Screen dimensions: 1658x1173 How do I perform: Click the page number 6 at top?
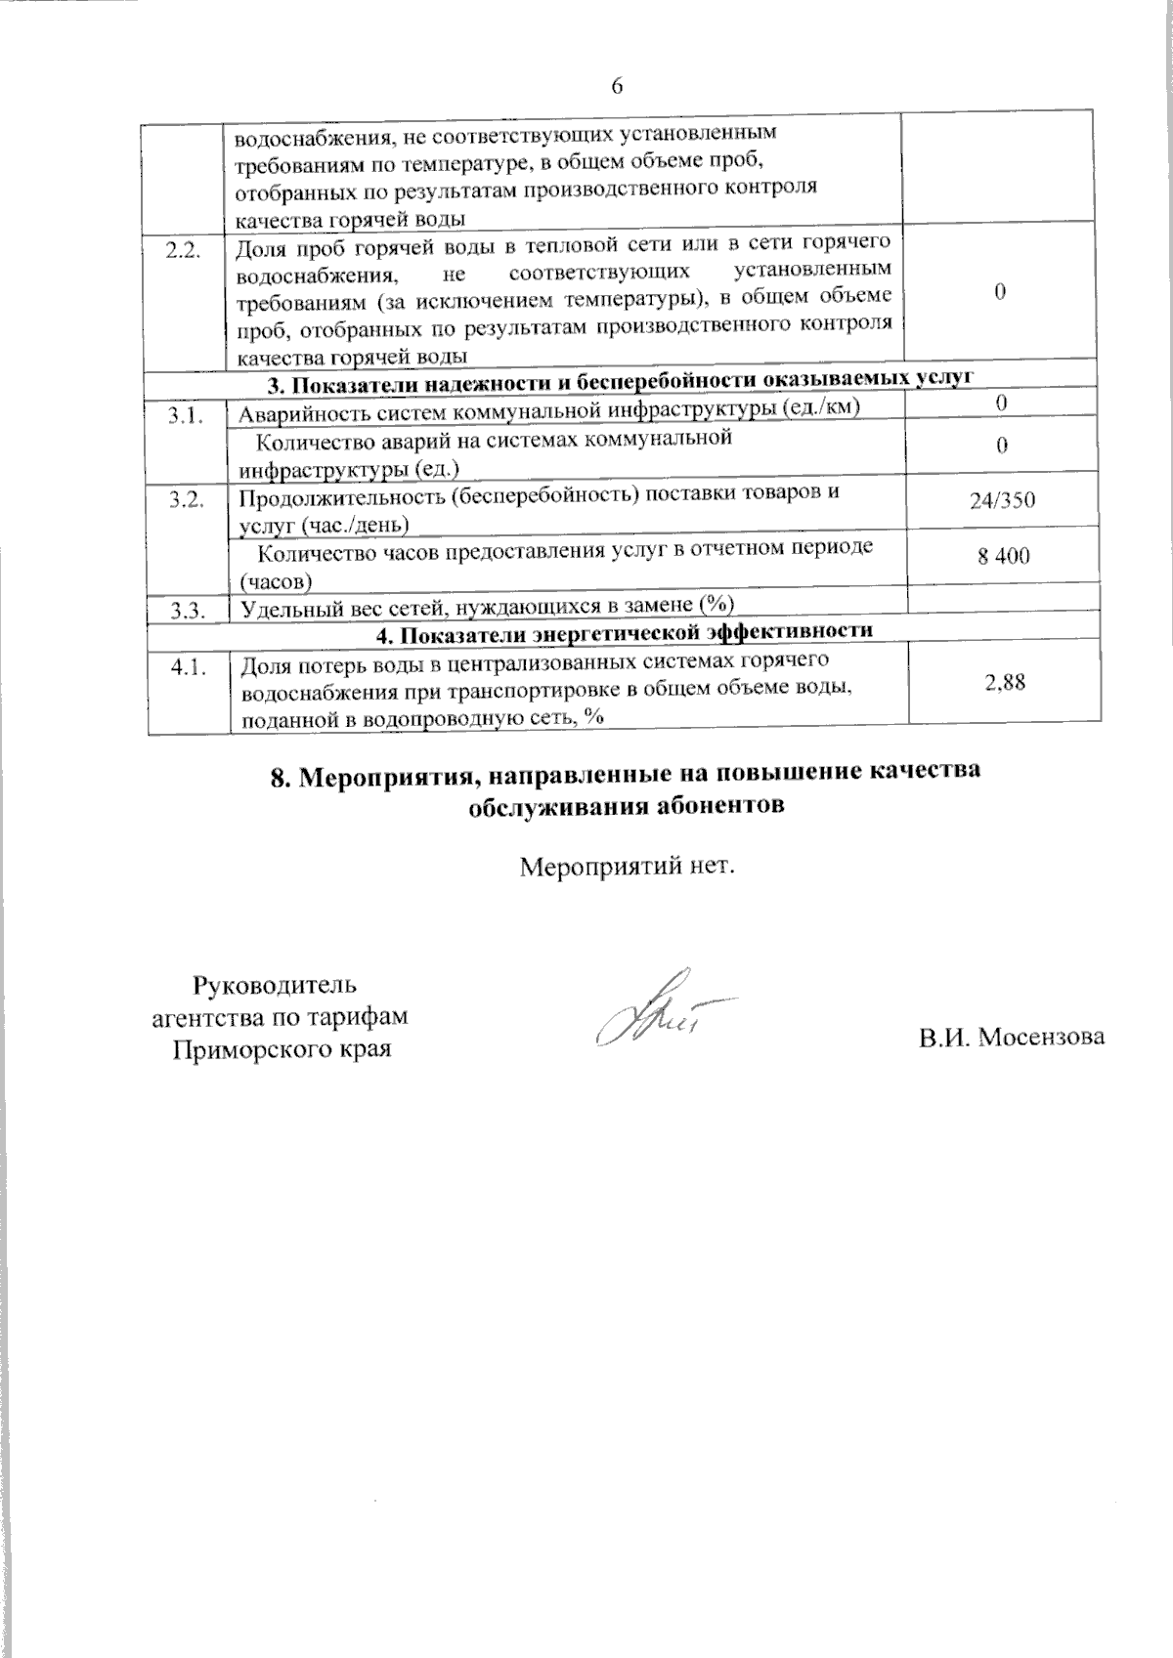618,85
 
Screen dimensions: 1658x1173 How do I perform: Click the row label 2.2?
184,249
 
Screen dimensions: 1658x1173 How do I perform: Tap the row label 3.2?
186,501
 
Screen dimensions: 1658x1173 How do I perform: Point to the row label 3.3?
186,612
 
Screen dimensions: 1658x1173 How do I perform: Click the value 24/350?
1003,501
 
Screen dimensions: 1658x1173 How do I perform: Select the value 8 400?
1003,557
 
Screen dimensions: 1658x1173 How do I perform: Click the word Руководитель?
278,984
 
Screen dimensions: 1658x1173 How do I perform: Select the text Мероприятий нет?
626,867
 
